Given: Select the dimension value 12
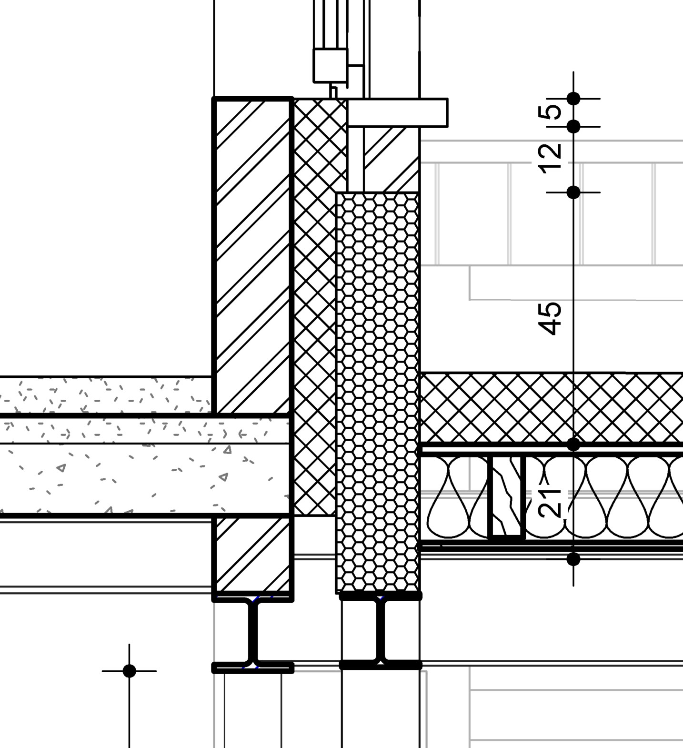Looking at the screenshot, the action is [x=550, y=159].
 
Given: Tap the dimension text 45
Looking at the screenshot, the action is [x=550, y=318].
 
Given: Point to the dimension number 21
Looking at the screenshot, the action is [x=550, y=502].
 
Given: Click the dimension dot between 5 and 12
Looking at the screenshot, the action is [x=573, y=127].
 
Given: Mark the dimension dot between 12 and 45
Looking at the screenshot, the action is [x=573, y=192].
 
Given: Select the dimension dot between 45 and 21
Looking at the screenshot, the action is [x=573, y=445].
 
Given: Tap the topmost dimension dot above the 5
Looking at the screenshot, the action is [x=573, y=99].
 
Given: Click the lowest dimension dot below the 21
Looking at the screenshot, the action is [x=573, y=559].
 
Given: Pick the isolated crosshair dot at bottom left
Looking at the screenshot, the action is [x=129, y=671].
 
